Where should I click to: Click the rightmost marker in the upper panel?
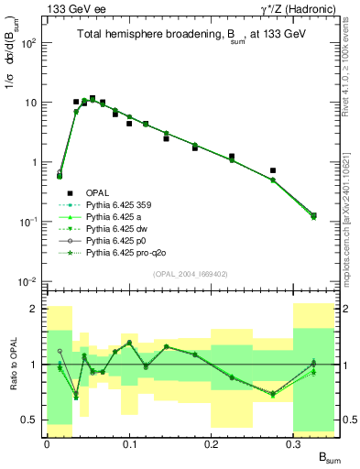314,216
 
